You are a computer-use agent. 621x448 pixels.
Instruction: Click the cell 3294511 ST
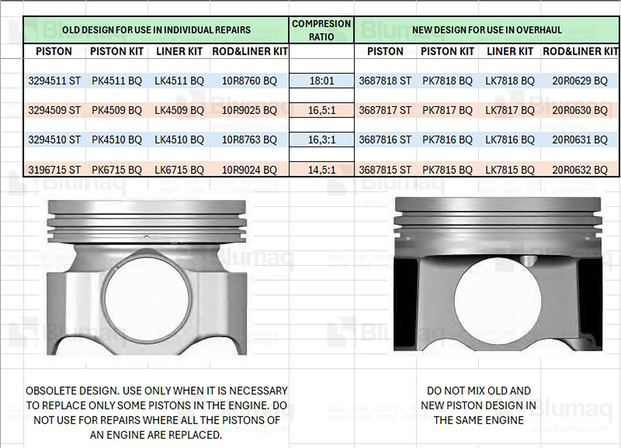[54, 81]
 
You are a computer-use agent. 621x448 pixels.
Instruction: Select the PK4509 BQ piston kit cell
[117, 110]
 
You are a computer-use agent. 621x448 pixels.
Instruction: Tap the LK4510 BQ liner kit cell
[179, 140]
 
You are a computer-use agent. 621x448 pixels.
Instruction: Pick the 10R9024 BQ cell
[249, 169]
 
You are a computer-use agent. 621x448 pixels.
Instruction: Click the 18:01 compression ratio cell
[321, 81]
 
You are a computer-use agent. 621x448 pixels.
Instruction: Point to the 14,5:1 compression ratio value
[321, 169]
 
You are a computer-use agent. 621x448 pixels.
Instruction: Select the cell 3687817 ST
[385, 110]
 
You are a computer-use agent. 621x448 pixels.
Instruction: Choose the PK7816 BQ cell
[447, 140]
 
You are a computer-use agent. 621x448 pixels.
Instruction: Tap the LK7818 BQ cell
[510, 81]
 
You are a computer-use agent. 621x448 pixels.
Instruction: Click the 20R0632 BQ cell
[580, 169]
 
